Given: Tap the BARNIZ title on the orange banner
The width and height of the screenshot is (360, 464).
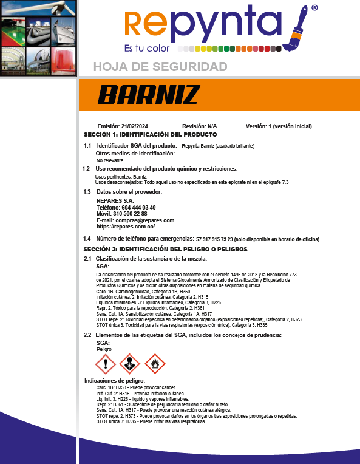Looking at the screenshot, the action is pos(148,95).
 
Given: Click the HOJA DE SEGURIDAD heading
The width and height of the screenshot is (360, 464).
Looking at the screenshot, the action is pos(160,66).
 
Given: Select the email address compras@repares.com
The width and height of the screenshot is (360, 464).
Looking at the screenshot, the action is pos(145,220).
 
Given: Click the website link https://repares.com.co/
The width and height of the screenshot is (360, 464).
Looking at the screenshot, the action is pos(126,227).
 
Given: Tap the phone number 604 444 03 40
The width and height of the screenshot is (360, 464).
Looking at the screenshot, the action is pos(134,207).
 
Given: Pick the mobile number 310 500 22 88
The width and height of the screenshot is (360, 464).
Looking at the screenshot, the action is pos(130,214).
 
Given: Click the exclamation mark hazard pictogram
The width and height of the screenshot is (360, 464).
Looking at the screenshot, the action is pos(106,364).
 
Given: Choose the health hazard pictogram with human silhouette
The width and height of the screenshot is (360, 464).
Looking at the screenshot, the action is pos(131,364).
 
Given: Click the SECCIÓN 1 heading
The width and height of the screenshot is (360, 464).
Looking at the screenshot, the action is pos(150,134).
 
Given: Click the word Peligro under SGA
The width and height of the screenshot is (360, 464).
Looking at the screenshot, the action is pos(105,349).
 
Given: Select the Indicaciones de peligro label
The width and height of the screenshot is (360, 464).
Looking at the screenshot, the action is pos(114,380).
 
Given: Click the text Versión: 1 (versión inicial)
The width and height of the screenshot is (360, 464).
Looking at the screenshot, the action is pos(279,126).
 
